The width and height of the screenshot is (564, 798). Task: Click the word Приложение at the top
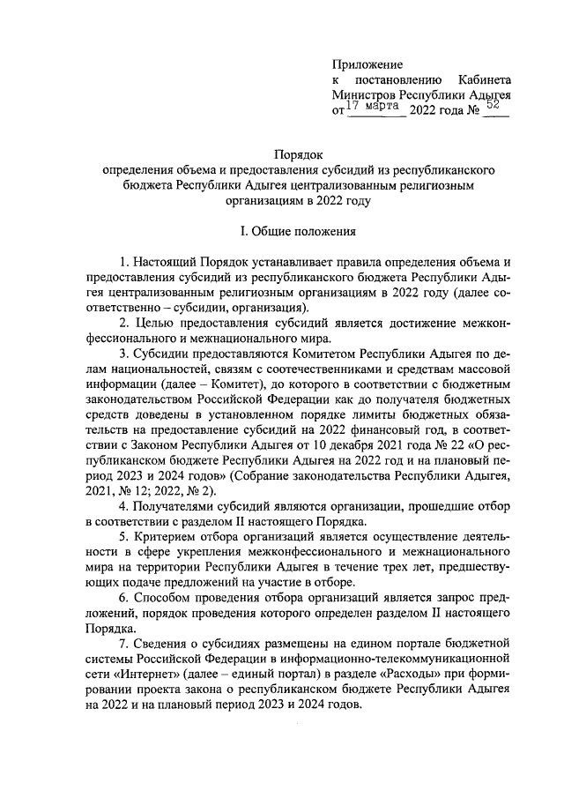(x=367, y=64)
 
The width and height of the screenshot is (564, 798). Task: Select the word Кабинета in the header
(x=486, y=80)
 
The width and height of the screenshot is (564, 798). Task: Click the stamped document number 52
(x=494, y=106)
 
